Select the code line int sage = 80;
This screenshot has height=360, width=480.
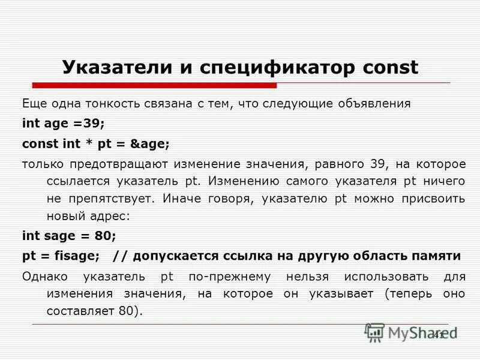69,235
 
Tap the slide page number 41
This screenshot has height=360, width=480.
438,335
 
